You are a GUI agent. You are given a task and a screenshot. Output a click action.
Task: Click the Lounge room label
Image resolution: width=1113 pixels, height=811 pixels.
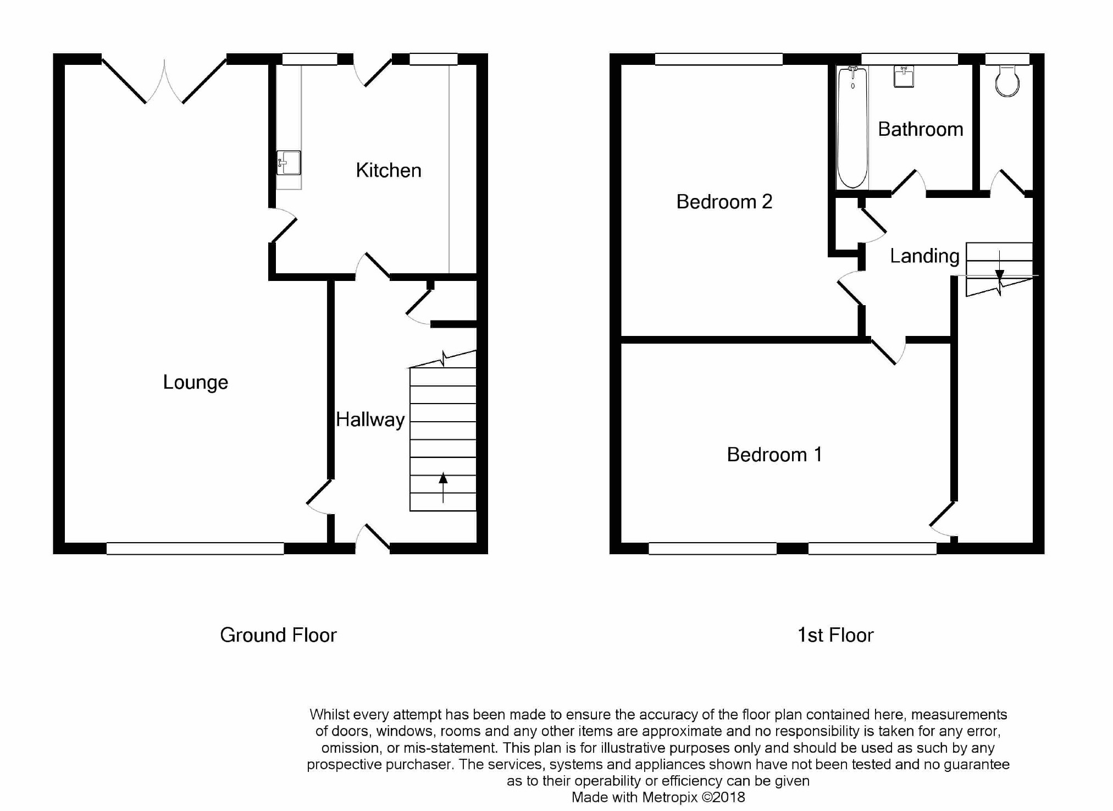195,383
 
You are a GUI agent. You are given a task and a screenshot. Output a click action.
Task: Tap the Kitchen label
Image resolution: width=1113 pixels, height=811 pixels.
389,170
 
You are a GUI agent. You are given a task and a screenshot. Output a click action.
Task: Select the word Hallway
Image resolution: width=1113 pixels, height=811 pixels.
370,420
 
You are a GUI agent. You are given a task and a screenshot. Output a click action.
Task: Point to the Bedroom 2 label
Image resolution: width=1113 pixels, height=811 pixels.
724,202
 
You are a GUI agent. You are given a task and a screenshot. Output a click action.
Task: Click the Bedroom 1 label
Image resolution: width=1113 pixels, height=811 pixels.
774,455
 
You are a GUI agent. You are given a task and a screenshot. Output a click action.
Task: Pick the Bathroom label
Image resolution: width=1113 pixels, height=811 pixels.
921,129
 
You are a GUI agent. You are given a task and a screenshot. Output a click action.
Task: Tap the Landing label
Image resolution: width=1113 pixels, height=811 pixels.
924,256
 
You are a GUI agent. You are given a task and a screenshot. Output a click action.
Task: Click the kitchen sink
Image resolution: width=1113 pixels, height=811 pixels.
289,163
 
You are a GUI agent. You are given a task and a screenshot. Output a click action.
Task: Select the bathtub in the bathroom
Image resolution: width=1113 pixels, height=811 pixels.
852,127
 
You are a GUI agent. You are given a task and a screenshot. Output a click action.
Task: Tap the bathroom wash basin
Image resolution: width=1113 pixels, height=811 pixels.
904,76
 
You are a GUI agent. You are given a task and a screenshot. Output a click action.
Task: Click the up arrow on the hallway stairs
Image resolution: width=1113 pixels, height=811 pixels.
443,487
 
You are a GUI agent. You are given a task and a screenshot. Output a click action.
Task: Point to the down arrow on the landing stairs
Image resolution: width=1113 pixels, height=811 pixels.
999,265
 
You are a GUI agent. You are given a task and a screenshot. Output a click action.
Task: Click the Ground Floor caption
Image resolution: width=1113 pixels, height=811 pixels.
278,635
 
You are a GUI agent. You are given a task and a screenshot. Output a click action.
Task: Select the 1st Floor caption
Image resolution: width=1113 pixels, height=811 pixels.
835,635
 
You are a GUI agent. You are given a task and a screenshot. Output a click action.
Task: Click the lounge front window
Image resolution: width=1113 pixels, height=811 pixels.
195,548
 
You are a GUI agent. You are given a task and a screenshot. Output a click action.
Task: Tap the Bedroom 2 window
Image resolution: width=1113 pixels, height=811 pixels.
718,59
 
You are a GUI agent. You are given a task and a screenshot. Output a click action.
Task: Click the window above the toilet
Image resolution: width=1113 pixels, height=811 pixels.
1007,59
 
